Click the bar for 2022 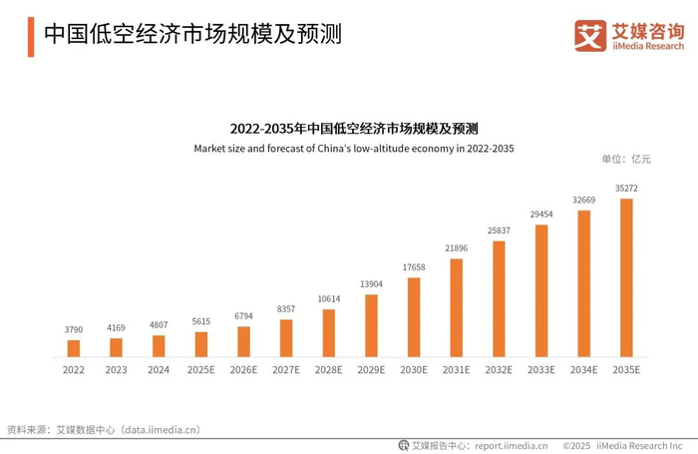pyautogui.click(x=73, y=348)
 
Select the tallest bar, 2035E pyautogui.click(x=626, y=277)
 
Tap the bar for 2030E pyautogui.click(x=414, y=317)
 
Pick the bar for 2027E pyautogui.click(x=286, y=338)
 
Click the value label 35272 pyautogui.click(x=626, y=188)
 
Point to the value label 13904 pyautogui.click(x=371, y=284)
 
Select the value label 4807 pyautogui.click(x=159, y=324)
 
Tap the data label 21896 pyautogui.click(x=456, y=247)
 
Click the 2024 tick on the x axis pyautogui.click(x=159, y=369)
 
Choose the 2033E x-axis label pyautogui.click(x=541, y=369)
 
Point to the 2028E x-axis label pyautogui.click(x=328, y=369)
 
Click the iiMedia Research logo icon pyautogui.click(x=590, y=36)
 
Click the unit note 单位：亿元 pyautogui.click(x=626, y=160)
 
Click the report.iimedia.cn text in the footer pyautogui.click(x=511, y=445)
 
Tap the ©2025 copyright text pyautogui.click(x=579, y=445)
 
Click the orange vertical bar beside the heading pyautogui.click(x=31, y=36)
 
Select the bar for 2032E pyautogui.click(x=499, y=298)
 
